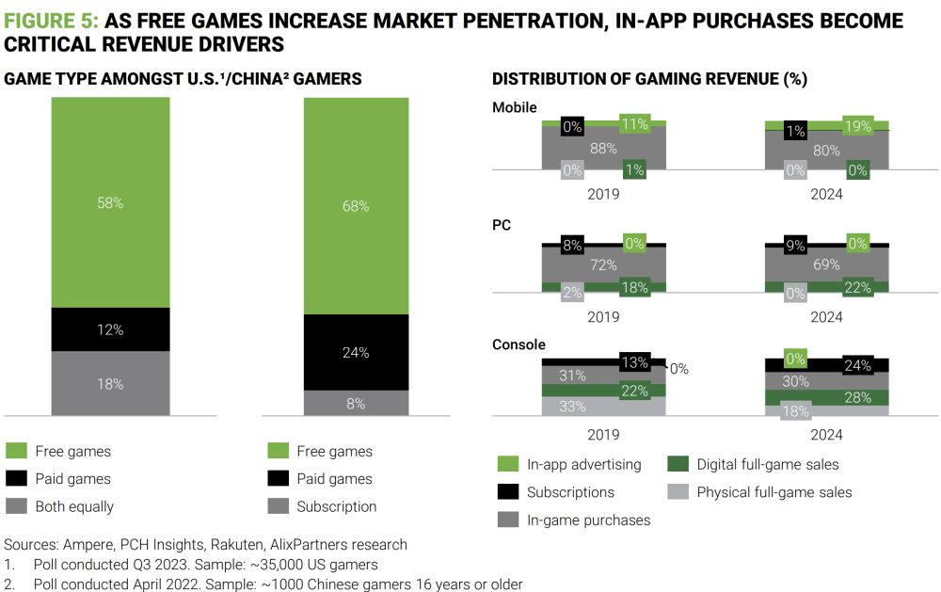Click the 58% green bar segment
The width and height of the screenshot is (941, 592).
(x=110, y=202)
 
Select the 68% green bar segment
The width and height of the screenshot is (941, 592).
(x=356, y=206)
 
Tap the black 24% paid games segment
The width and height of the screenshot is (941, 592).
(x=356, y=352)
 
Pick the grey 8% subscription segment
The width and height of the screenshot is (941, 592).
(x=356, y=403)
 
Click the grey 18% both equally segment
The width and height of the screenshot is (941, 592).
(x=110, y=382)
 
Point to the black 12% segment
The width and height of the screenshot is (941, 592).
(x=110, y=329)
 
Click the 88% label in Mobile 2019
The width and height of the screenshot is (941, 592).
(x=603, y=148)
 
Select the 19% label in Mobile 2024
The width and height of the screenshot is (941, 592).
(x=857, y=124)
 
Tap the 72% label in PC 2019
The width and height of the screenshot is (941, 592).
(x=603, y=265)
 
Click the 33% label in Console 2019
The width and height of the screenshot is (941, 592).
(x=573, y=407)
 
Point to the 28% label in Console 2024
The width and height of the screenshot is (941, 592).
(x=857, y=397)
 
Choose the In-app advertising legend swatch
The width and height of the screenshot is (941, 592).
(x=507, y=464)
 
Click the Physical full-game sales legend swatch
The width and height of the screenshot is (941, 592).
(x=678, y=491)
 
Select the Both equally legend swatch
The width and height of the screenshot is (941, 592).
(x=16, y=506)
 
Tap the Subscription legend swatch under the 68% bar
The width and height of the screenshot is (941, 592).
(x=277, y=506)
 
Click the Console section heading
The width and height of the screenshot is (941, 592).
(x=518, y=344)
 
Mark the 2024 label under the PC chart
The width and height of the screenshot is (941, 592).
(x=826, y=317)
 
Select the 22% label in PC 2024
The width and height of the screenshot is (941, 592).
(x=857, y=288)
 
